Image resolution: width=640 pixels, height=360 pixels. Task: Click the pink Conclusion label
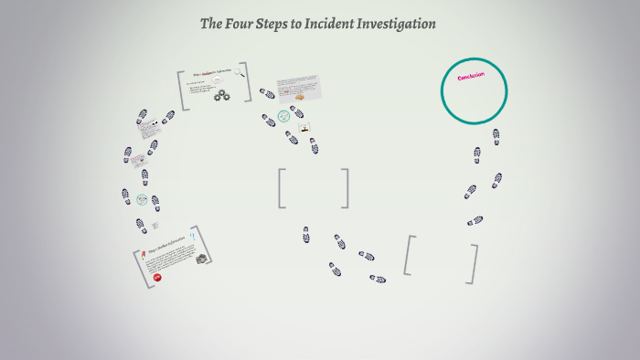pyautogui.click(x=472, y=81)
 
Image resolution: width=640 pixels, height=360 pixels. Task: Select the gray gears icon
pyautogui.click(x=222, y=95)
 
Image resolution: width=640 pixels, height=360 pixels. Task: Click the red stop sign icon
pyautogui.click(x=157, y=276)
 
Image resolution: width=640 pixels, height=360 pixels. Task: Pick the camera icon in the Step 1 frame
pyautogui.click(x=201, y=259)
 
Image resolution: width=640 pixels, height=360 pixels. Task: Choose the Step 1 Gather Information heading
pyautogui.click(x=167, y=246)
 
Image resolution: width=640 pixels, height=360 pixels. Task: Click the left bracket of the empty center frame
pyautogui.click(x=282, y=188)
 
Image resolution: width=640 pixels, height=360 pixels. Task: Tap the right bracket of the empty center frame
pyautogui.click(x=346, y=188)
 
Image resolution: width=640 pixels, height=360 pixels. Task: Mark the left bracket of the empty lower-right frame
pyautogui.click(x=411, y=255)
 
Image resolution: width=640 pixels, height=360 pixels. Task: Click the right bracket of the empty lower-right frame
pyautogui.click(x=474, y=264)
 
